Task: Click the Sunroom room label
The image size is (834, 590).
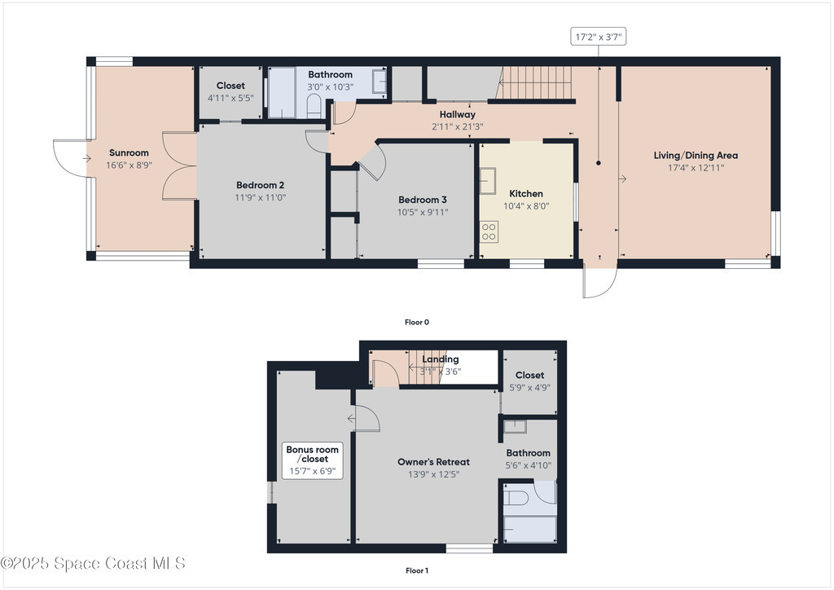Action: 129,152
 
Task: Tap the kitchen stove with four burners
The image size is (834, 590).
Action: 489,231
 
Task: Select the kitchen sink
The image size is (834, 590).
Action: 487,181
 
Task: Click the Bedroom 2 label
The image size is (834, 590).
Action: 260,185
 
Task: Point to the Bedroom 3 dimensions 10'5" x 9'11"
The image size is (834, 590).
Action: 423,212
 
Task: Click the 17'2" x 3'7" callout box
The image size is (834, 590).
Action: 599,37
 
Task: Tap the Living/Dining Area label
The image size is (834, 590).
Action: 696,156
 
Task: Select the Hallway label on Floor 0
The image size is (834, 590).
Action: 458,114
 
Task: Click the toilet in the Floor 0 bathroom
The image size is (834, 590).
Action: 314,107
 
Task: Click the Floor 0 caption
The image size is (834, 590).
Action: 417,322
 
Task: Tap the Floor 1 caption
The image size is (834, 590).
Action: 417,570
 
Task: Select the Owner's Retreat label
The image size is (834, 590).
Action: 433,462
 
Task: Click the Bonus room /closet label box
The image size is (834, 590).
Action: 312,460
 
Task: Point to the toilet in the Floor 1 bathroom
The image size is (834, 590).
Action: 516,497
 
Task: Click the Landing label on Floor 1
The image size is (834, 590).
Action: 441,359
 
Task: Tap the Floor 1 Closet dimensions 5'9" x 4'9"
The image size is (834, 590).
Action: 529,388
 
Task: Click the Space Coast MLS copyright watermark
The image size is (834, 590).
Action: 93,563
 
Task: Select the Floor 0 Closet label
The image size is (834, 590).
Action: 230,86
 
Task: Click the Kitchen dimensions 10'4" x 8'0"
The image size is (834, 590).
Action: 527,206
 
